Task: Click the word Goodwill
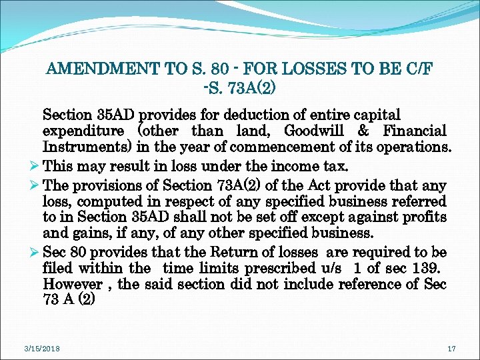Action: [x=315, y=131]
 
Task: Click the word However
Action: [x=71, y=284]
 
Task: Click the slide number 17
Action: [x=451, y=348]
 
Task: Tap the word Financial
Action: [x=414, y=131]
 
